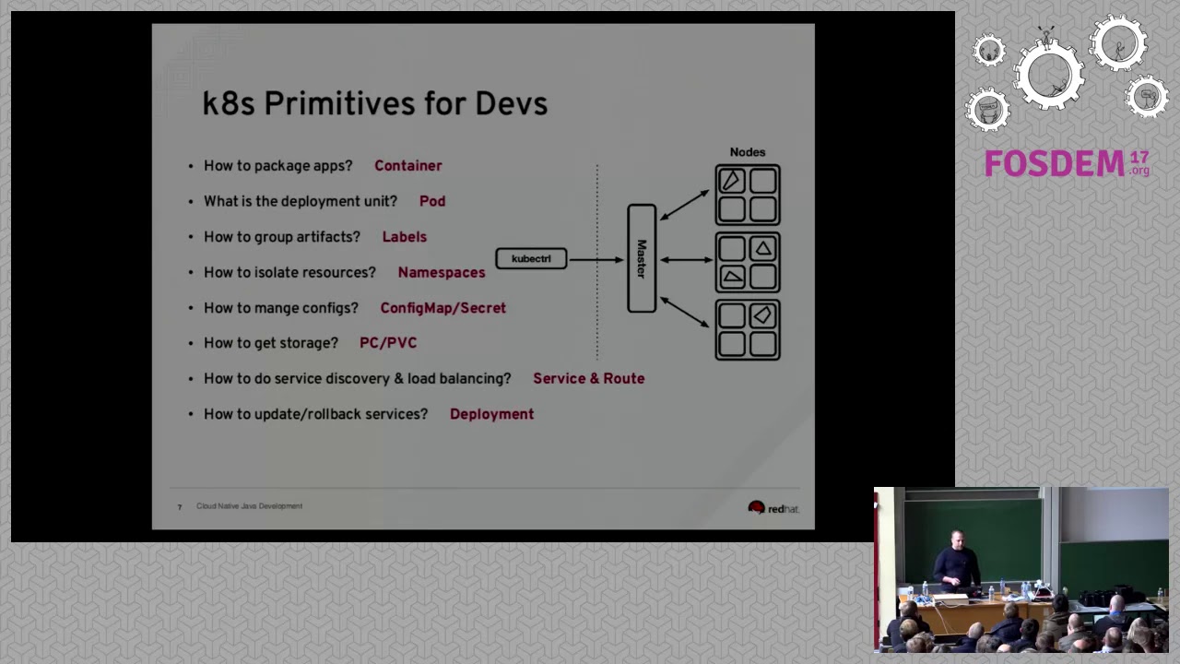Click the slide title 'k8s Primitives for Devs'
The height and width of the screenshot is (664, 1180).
(374, 103)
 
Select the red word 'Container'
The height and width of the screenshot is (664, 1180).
(407, 166)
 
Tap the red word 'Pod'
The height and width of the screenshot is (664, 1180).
(431, 201)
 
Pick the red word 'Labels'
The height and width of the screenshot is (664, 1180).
(404, 237)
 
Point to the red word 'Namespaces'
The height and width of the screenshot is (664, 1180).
(441, 272)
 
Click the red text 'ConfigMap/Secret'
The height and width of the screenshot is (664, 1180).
(442, 308)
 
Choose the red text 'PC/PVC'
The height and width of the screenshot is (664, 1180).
(387, 343)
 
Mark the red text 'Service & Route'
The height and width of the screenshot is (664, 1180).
(588, 378)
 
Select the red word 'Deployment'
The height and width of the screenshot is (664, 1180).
(491, 414)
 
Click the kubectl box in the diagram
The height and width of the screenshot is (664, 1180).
(531, 259)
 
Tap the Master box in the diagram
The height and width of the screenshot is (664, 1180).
(642, 258)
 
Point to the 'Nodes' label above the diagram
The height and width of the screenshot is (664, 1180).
(747, 152)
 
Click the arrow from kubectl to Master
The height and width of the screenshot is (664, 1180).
(596, 259)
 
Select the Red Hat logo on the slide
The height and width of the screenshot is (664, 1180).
(773, 508)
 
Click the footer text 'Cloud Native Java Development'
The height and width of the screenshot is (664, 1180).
(249, 506)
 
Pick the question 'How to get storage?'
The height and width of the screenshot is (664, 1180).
(270, 343)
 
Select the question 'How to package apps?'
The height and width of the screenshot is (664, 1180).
(277, 166)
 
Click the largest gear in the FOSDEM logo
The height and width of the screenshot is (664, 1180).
(1049, 74)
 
